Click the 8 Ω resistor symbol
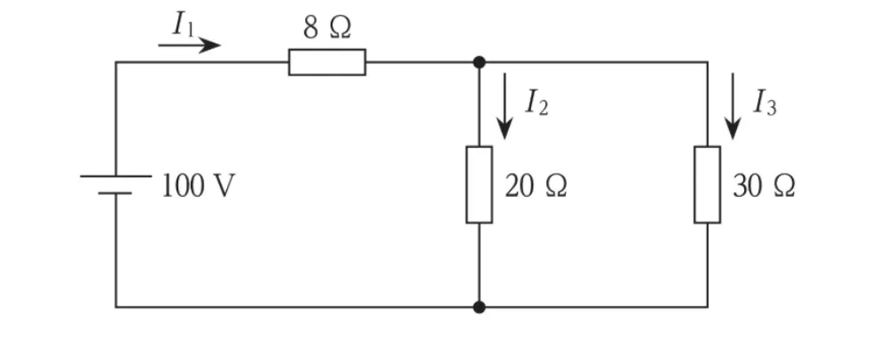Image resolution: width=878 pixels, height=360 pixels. (327, 62)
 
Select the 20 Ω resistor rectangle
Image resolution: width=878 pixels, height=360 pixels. (479, 184)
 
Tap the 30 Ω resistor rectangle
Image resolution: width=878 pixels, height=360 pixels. (707, 184)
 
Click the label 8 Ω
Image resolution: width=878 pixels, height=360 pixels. (327, 27)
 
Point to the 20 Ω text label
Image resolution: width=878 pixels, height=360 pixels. (536, 186)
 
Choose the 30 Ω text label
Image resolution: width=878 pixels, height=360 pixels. (764, 186)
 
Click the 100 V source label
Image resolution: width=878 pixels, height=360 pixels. (199, 186)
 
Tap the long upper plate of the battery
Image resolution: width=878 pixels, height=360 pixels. (116, 176)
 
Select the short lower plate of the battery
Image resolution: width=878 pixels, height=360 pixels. (115, 193)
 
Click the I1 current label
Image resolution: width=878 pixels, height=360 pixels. (184, 24)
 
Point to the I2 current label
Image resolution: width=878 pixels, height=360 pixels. (536, 103)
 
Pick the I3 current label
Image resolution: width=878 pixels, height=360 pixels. (764, 103)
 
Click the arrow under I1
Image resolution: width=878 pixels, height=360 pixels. (189, 45)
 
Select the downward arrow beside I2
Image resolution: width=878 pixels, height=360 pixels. (505, 106)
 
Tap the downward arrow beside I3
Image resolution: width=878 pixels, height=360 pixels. (733, 106)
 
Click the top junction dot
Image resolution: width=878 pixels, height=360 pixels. (479, 62)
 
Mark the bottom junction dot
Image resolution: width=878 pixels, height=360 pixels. (479, 307)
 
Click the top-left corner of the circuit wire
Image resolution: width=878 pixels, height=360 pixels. (116, 62)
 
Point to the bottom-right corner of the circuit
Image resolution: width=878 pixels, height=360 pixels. (707, 307)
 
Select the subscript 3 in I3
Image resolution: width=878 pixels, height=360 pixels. (772, 108)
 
